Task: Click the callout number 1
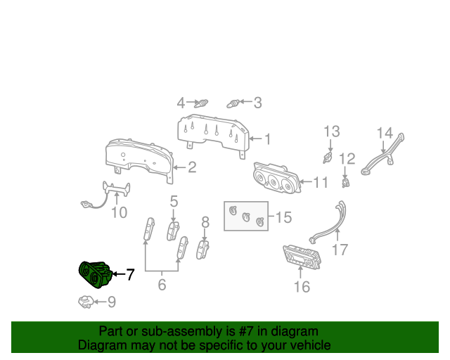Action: (x=266, y=139)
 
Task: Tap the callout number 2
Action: (x=191, y=167)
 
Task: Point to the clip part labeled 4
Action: (x=203, y=103)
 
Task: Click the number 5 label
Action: (x=174, y=202)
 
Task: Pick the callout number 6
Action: (x=162, y=285)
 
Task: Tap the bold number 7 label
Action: (x=129, y=274)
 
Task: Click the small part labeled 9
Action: (x=85, y=302)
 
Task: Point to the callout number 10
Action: (x=119, y=212)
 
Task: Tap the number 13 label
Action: (x=331, y=131)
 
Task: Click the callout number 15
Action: (x=283, y=217)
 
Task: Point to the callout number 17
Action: (x=340, y=249)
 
